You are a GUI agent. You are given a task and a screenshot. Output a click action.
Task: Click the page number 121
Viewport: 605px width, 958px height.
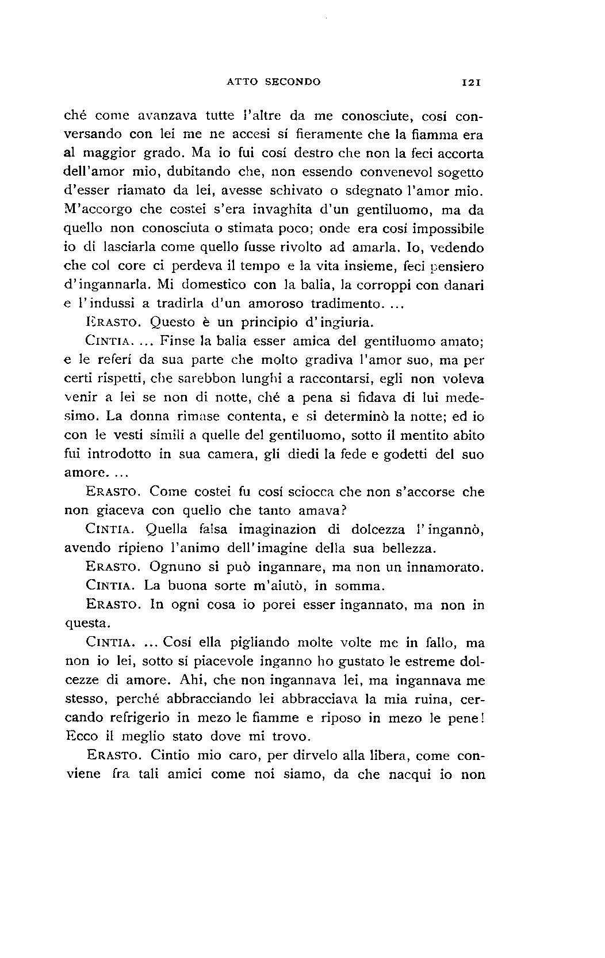coord(472,82)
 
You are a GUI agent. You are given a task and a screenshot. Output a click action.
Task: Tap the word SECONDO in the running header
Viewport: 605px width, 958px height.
coord(293,82)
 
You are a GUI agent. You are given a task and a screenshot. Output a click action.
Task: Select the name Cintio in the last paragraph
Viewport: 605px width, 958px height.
coord(169,756)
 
